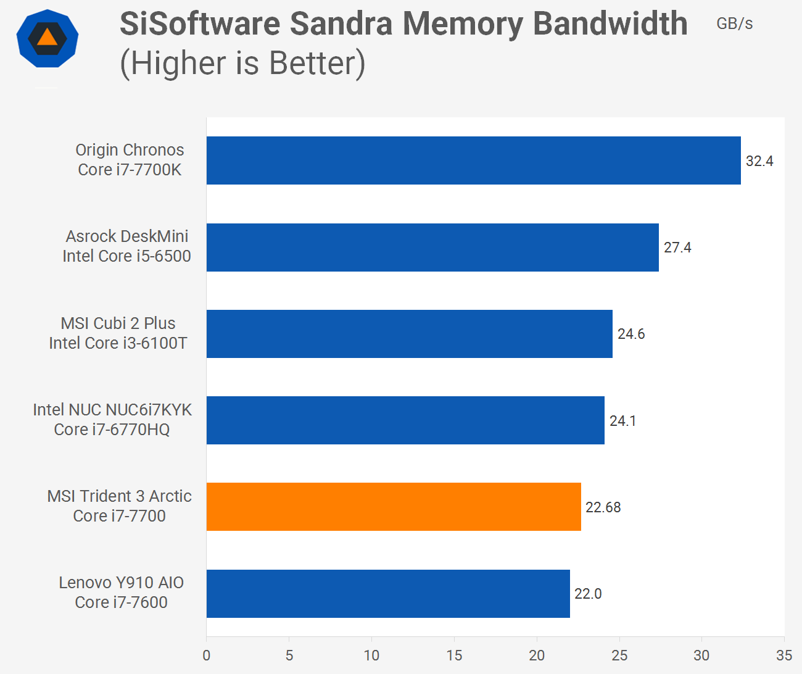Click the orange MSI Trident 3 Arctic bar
coord(394,507)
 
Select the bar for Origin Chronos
coord(473,160)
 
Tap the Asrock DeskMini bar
coord(432,248)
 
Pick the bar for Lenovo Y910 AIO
coord(388,594)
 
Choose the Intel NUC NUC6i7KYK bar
coord(405,420)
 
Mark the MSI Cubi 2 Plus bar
coord(409,334)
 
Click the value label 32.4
coord(759,161)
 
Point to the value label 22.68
coord(603,507)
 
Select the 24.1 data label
coord(622,421)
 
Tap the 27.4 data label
coord(677,248)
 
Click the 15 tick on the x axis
coord(454,655)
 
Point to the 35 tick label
coord(784,655)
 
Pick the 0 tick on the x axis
coord(207,655)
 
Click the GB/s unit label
coord(734,23)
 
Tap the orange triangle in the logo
coord(48,38)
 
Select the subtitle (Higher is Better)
coord(242,63)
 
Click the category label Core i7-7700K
coord(130,170)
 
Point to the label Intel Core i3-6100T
coord(118,343)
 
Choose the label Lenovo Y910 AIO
coord(122,583)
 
